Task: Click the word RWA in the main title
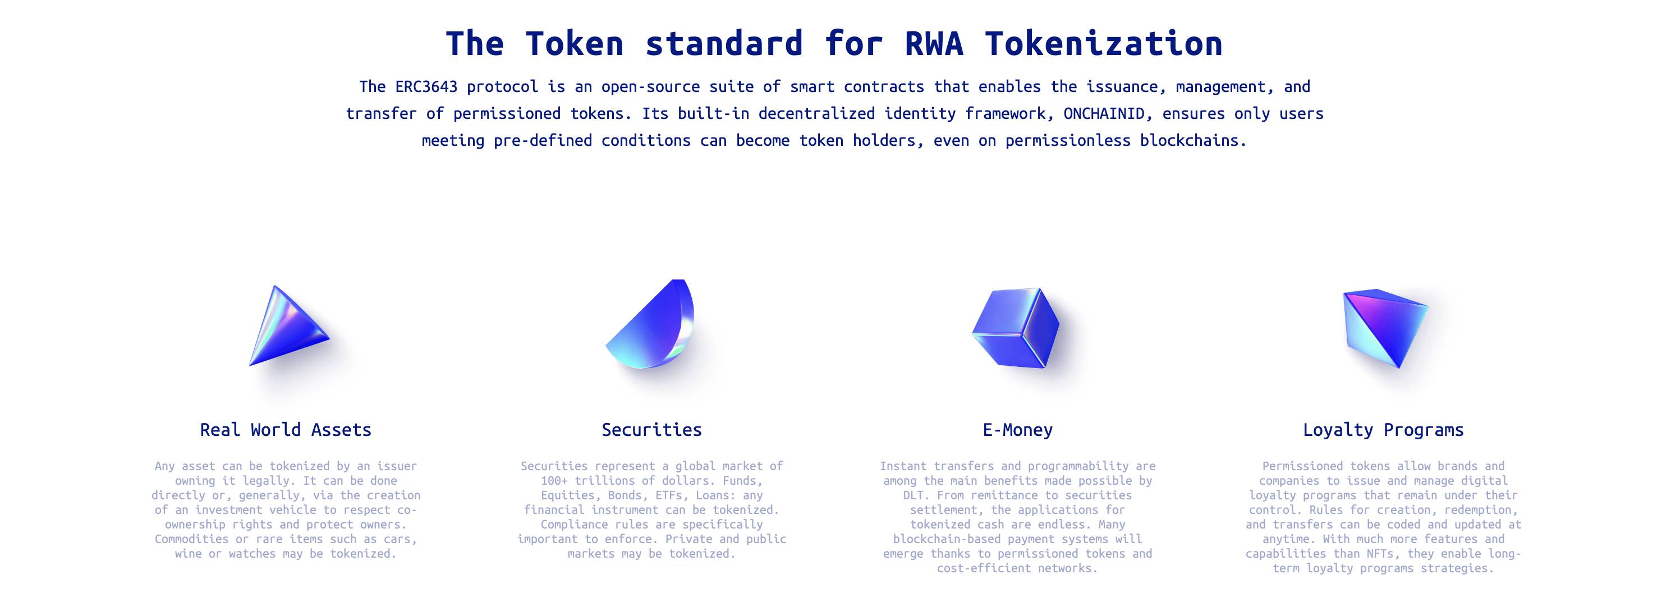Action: pyautogui.click(x=934, y=44)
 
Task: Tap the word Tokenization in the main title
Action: pyautogui.click(x=1103, y=44)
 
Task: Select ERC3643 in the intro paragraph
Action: pyautogui.click(x=426, y=87)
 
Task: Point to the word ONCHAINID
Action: pyautogui.click(x=1104, y=114)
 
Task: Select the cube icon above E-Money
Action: pyautogui.click(x=1015, y=328)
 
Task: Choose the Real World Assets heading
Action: pyautogui.click(x=286, y=430)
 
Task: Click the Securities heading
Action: pyautogui.click(x=651, y=430)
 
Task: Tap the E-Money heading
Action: pyautogui.click(x=1017, y=430)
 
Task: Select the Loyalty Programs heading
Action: pyautogui.click(x=1383, y=430)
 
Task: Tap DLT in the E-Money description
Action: pyautogui.click(x=913, y=495)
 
